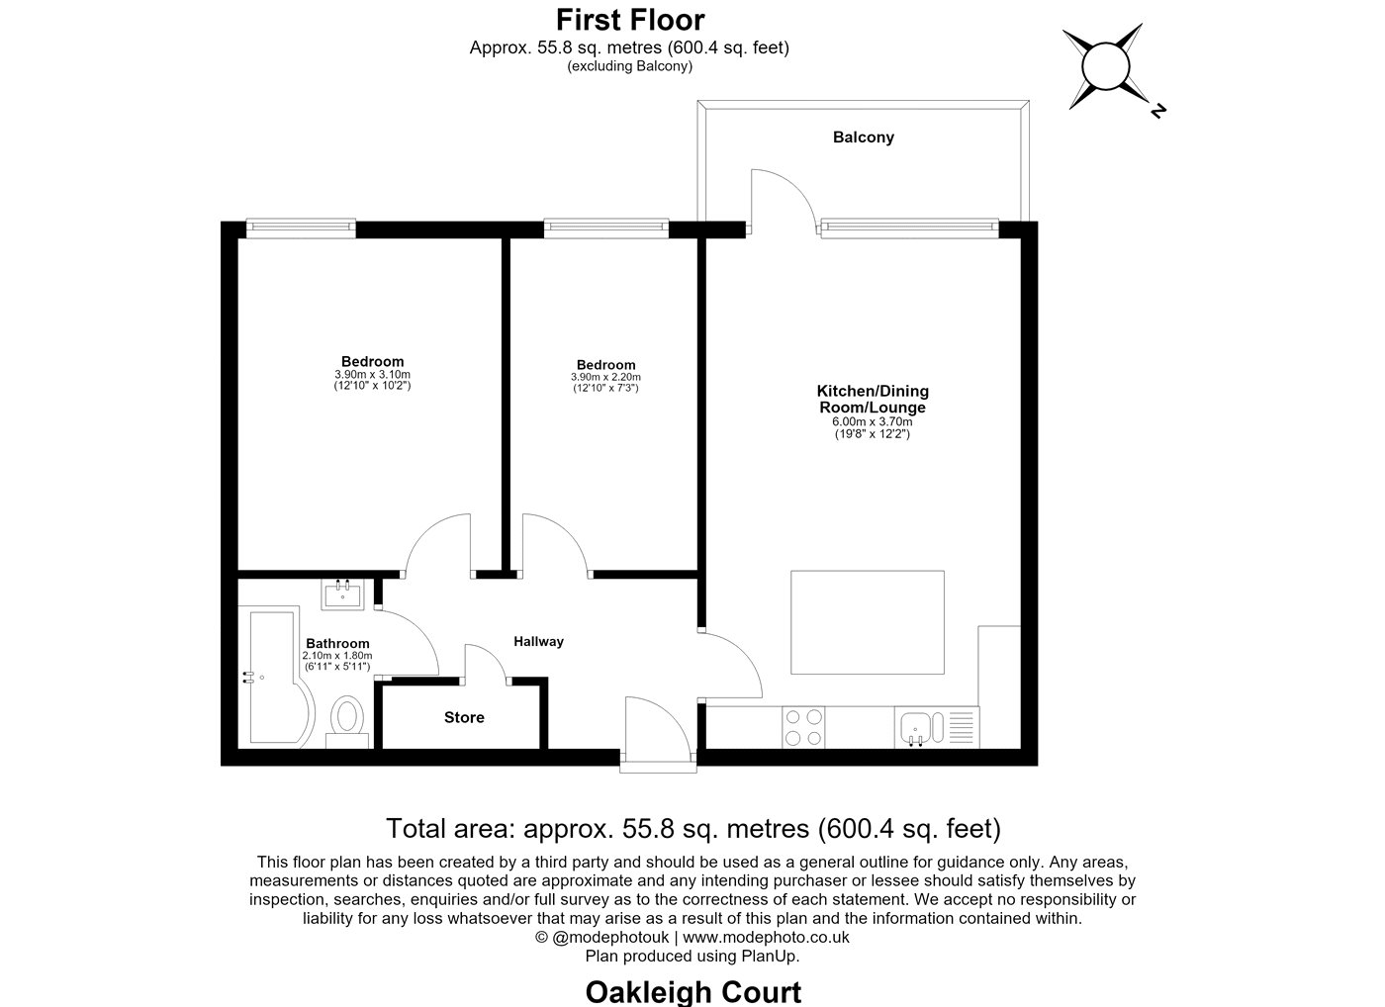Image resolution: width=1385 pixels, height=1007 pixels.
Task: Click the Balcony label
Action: pos(863,137)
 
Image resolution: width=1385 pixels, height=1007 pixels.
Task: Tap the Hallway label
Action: pos(538,642)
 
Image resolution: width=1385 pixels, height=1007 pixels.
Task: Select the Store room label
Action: pos(464,717)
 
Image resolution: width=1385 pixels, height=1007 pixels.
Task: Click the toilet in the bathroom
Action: pos(347,722)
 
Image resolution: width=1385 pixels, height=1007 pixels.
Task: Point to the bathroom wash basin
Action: pos(342,595)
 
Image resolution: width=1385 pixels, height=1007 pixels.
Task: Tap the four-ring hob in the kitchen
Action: pos(803,728)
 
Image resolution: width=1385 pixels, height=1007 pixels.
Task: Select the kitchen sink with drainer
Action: pos(937,728)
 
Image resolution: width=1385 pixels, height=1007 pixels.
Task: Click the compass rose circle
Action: pos(1106,66)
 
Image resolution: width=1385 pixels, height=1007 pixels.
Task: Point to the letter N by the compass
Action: pos(1158,111)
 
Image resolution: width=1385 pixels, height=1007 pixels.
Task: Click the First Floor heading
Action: pos(630,21)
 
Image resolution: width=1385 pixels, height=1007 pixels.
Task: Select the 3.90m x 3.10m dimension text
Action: pos(372,375)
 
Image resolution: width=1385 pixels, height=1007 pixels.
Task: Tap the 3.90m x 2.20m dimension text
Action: pos(605,377)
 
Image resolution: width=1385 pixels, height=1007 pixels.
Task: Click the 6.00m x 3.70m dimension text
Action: pos(872,421)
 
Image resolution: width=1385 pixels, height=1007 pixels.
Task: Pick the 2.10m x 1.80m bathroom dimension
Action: pos(337,656)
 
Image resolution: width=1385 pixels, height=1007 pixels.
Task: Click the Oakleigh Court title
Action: pos(693,991)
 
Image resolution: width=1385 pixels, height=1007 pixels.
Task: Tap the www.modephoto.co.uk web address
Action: pos(766,937)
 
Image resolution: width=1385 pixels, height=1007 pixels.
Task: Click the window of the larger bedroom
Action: pos(301,229)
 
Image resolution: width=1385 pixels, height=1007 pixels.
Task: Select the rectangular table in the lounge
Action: pos(868,622)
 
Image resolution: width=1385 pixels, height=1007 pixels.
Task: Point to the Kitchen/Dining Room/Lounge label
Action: pos(873,400)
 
